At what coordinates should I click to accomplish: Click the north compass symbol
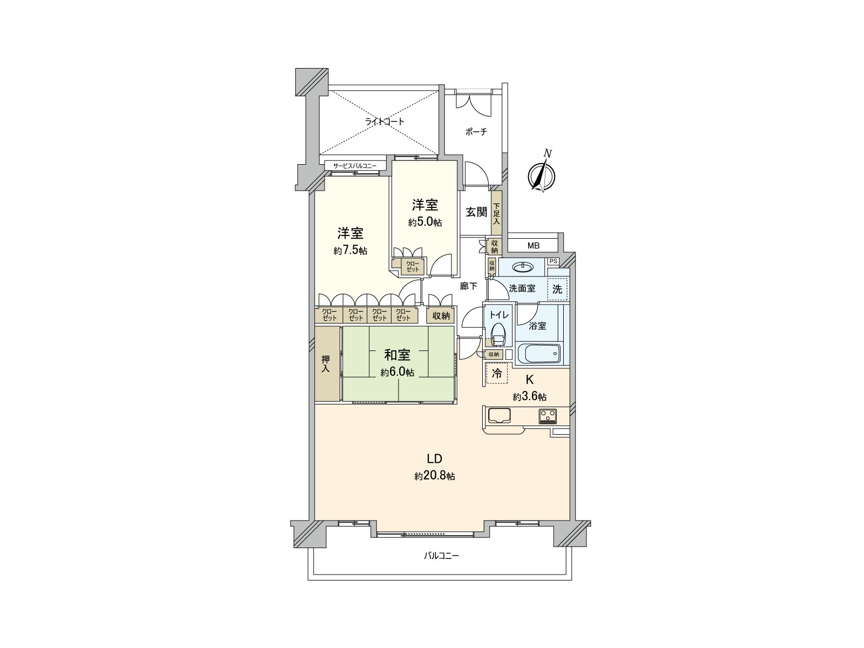(x=542, y=176)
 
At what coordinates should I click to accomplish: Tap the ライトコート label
(x=384, y=122)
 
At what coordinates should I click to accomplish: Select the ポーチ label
(x=476, y=132)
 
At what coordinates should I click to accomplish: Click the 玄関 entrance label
(x=476, y=212)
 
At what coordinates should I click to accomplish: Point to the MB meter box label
(x=533, y=246)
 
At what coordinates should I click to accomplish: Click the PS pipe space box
(x=552, y=261)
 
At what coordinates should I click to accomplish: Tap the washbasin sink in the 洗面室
(x=522, y=267)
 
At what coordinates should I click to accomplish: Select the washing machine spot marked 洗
(x=557, y=289)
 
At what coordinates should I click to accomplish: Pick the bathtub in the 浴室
(x=539, y=354)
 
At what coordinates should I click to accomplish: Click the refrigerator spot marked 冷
(x=497, y=373)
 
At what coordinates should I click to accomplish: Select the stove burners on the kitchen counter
(x=547, y=415)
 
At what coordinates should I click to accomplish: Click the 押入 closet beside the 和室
(x=327, y=363)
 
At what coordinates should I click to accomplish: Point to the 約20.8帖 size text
(x=435, y=476)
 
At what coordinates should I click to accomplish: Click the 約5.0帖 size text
(x=425, y=222)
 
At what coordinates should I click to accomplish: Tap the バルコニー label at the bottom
(x=441, y=555)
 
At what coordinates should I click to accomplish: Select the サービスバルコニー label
(x=355, y=166)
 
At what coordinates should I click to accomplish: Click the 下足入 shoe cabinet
(x=496, y=213)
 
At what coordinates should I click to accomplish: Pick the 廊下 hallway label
(x=468, y=286)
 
